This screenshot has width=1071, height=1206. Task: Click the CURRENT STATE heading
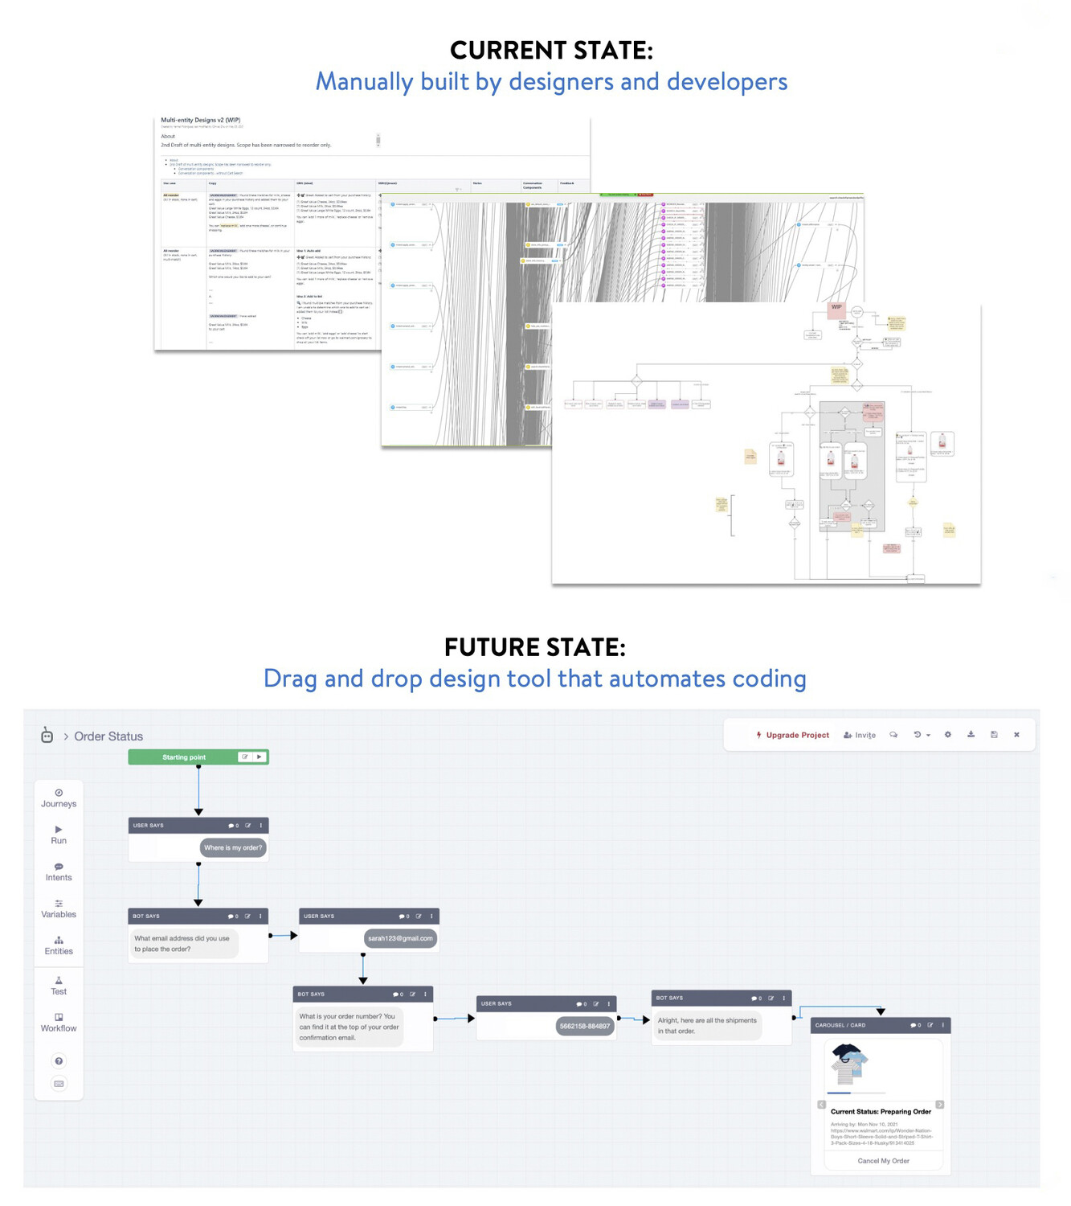[x=551, y=51]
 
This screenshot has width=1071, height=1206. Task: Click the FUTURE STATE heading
[x=534, y=647]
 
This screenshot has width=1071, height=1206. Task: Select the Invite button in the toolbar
[x=860, y=735]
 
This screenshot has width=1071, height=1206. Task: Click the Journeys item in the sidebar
[x=59, y=798]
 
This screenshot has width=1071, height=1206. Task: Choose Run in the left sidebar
[x=59, y=835]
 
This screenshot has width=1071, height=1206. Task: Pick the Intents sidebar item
[x=59, y=872]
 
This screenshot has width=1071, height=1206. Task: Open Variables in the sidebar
[x=59, y=909]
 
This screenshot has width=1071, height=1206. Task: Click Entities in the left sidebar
[x=59, y=946]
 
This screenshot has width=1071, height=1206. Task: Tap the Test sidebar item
[x=59, y=986]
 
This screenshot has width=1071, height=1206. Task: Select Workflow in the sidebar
[x=59, y=1023]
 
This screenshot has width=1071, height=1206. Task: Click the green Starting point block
[x=185, y=757]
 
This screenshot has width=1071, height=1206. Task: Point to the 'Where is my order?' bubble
[x=233, y=847]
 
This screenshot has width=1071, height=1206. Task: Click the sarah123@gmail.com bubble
[x=400, y=938]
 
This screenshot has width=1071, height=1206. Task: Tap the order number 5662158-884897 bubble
[x=584, y=1026]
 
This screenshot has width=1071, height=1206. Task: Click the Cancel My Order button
[x=883, y=1161]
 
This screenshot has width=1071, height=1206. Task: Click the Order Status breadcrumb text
[x=108, y=736]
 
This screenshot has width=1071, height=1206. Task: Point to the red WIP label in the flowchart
[x=836, y=307]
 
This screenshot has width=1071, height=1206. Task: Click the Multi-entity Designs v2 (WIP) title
[x=201, y=120]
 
